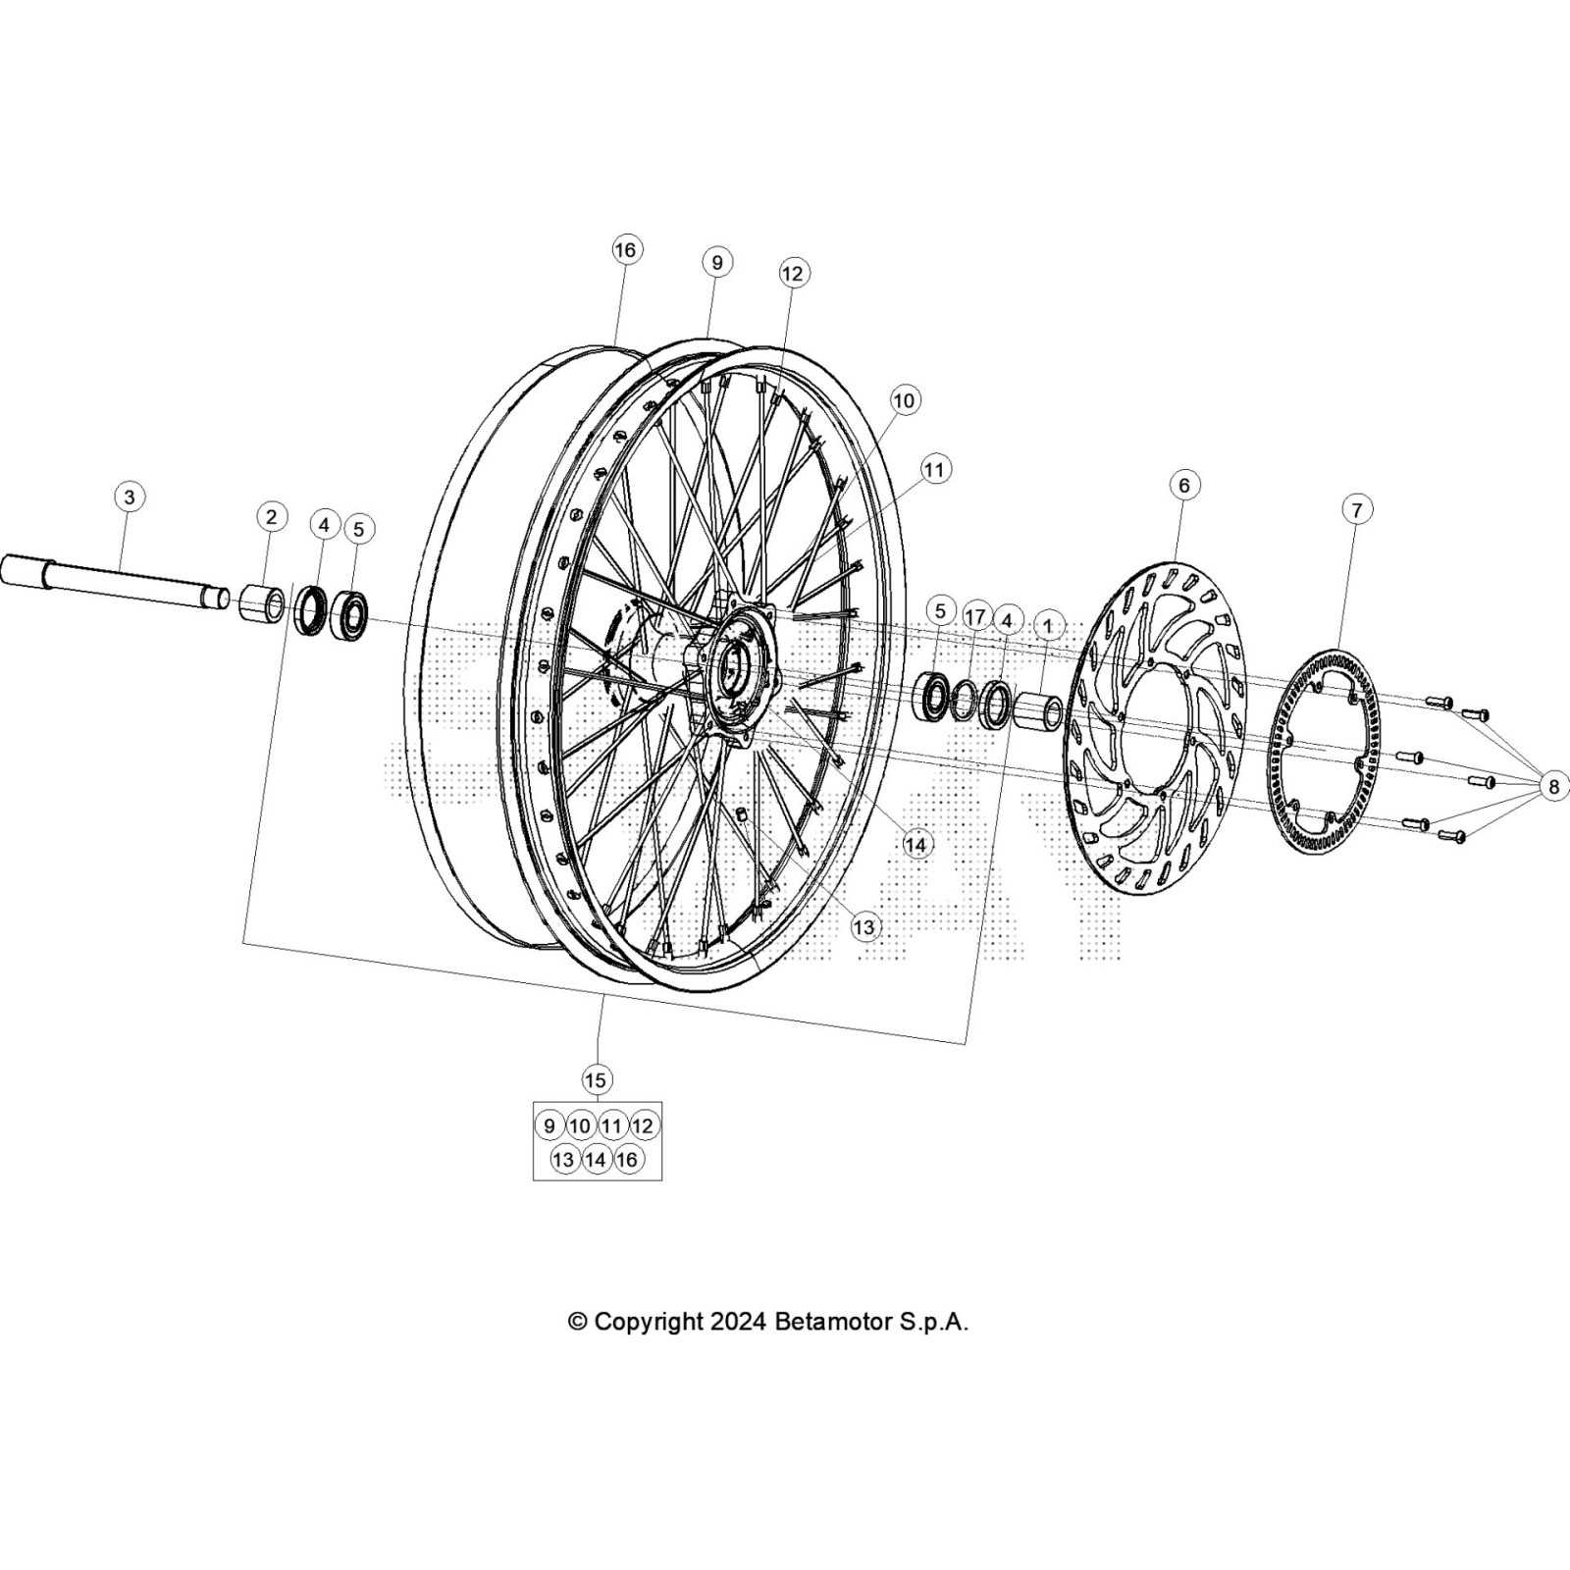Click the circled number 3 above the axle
[x=129, y=497]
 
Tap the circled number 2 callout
[x=271, y=517]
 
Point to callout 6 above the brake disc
[x=1183, y=485]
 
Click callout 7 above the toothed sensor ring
[x=1356, y=509]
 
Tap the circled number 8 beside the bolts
[x=1553, y=785]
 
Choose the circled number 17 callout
[x=974, y=616]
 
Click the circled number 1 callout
[x=1048, y=625]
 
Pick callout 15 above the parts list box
[x=596, y=1080]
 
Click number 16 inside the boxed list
[x=627, y=1159]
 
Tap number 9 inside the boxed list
[x=549, y=1125]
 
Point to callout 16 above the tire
[x=625, y=250]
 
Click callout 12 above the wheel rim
[x=792, y=273]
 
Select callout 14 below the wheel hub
[x=916, y=844]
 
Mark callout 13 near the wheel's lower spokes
[x=865, y=926]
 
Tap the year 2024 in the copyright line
[x=739, y=1322]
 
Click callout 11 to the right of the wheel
[x=933, y=470]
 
